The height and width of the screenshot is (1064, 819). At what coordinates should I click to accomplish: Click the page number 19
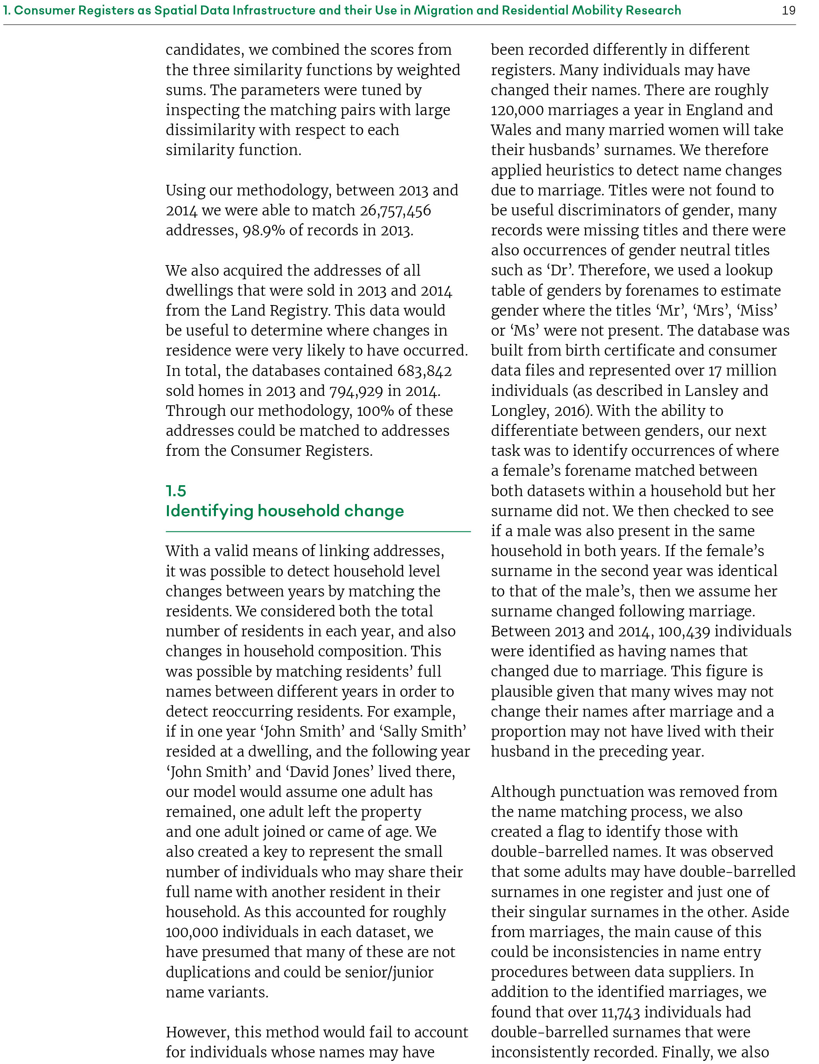pos(788,10)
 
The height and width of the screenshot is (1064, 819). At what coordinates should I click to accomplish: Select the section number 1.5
pos(176,491)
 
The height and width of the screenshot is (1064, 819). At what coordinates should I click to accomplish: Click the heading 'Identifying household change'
pos(285,511)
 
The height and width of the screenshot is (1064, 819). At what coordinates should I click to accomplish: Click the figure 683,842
pos(424,371)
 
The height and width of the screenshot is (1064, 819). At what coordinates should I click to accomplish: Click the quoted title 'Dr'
pos(559,270)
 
